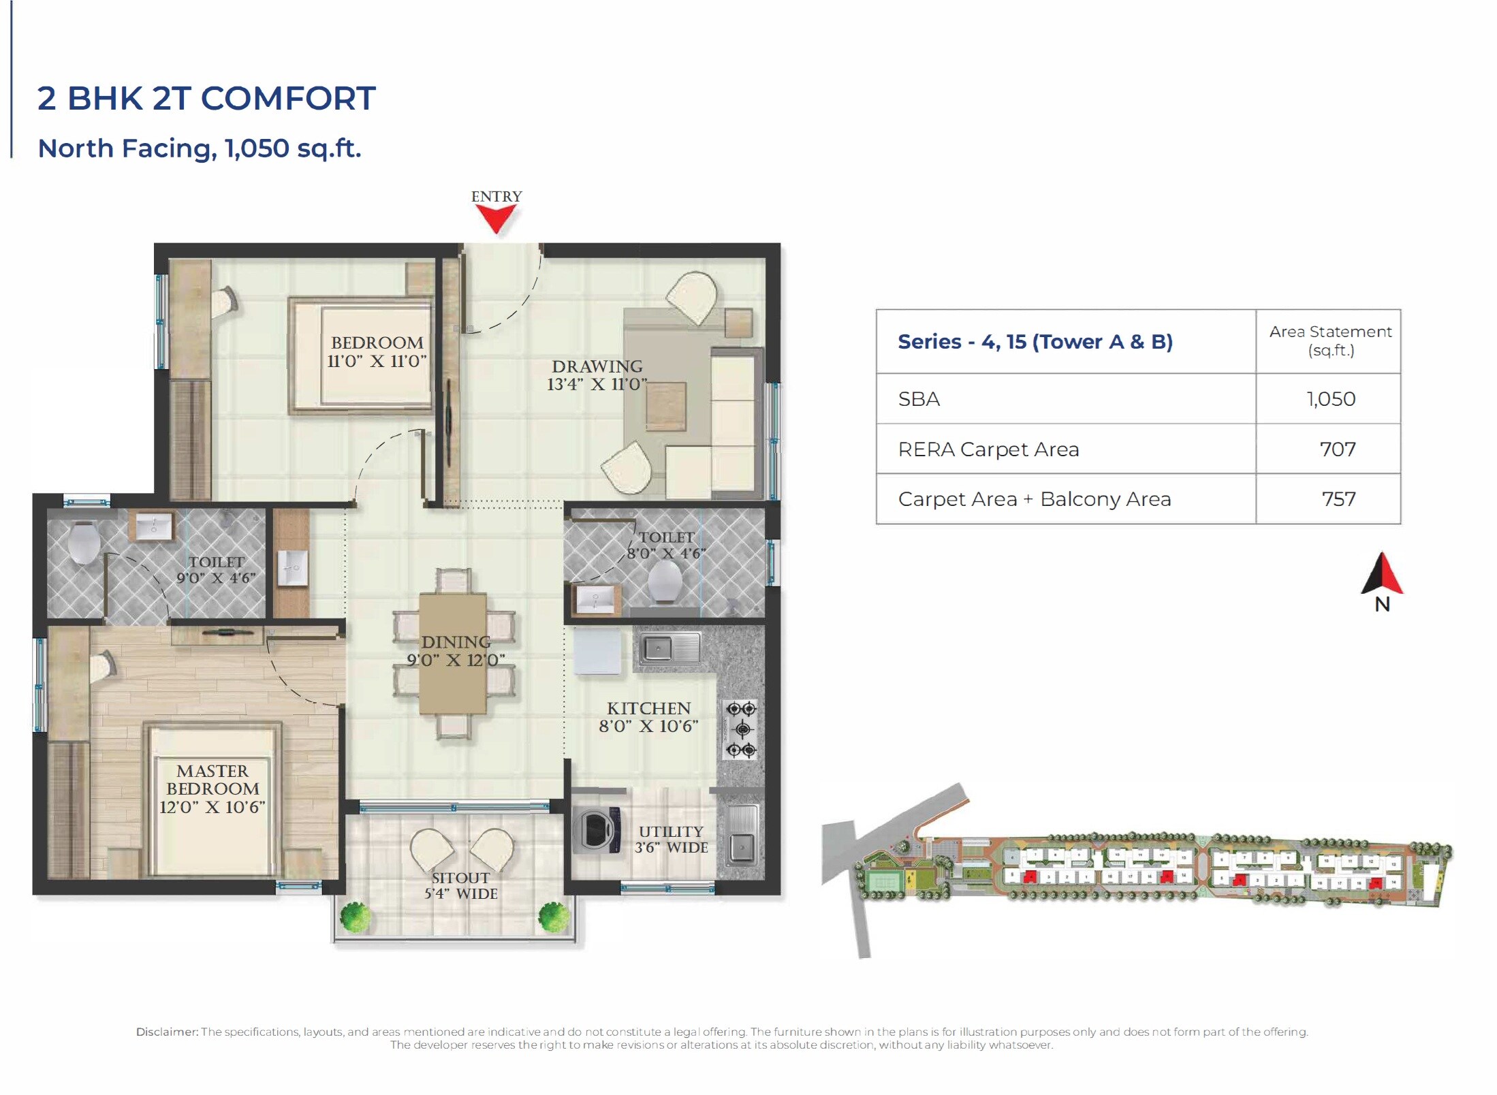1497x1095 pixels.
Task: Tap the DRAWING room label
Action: tap(597, 375)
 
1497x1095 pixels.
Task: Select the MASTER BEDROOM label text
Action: tap(212, 789)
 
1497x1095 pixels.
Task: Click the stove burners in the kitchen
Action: tap(741, 729)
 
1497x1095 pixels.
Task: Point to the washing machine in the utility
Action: tap(597, 830)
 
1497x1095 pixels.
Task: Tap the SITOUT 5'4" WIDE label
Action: tap(460, 885)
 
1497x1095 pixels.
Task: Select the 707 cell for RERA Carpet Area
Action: tap(1337, 449)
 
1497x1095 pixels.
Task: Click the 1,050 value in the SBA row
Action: tap(1331, 399)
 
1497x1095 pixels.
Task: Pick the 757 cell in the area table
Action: tap(1338, 499)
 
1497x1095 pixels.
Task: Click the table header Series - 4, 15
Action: tap(1035, 342)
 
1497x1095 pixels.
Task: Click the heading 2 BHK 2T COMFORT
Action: tap(206, 98)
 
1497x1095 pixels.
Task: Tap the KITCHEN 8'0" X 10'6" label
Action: tap(648, 717)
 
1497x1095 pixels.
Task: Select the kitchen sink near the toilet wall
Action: tap(667, 648)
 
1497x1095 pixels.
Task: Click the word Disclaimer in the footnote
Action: tap(167, 1032)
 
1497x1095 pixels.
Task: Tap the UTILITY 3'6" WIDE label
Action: tap(671, 839)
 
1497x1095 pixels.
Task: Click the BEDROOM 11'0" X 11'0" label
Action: tap(377, 351)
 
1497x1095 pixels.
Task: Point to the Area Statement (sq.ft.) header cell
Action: tap(1330, 341)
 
